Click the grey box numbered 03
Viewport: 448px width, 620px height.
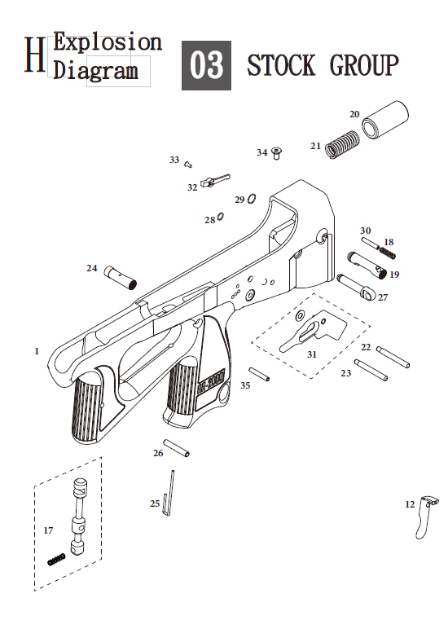(x=206, y=65)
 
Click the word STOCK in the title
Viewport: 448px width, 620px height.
(x=281, y=65)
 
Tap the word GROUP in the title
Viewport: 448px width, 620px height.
(x=364, y=65)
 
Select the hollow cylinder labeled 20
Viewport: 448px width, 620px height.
(x=385, y=120)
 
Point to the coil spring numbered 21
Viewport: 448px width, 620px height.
(x=342, y=144)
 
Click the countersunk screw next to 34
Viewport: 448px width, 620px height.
(x=277, y=153)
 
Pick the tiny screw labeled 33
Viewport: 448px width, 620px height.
(x=189, y=164)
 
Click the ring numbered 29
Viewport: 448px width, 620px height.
(x=252, y=199)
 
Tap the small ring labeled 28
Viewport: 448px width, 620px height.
(x=221, y=216)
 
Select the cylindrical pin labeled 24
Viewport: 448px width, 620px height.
(x=121, y=278)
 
